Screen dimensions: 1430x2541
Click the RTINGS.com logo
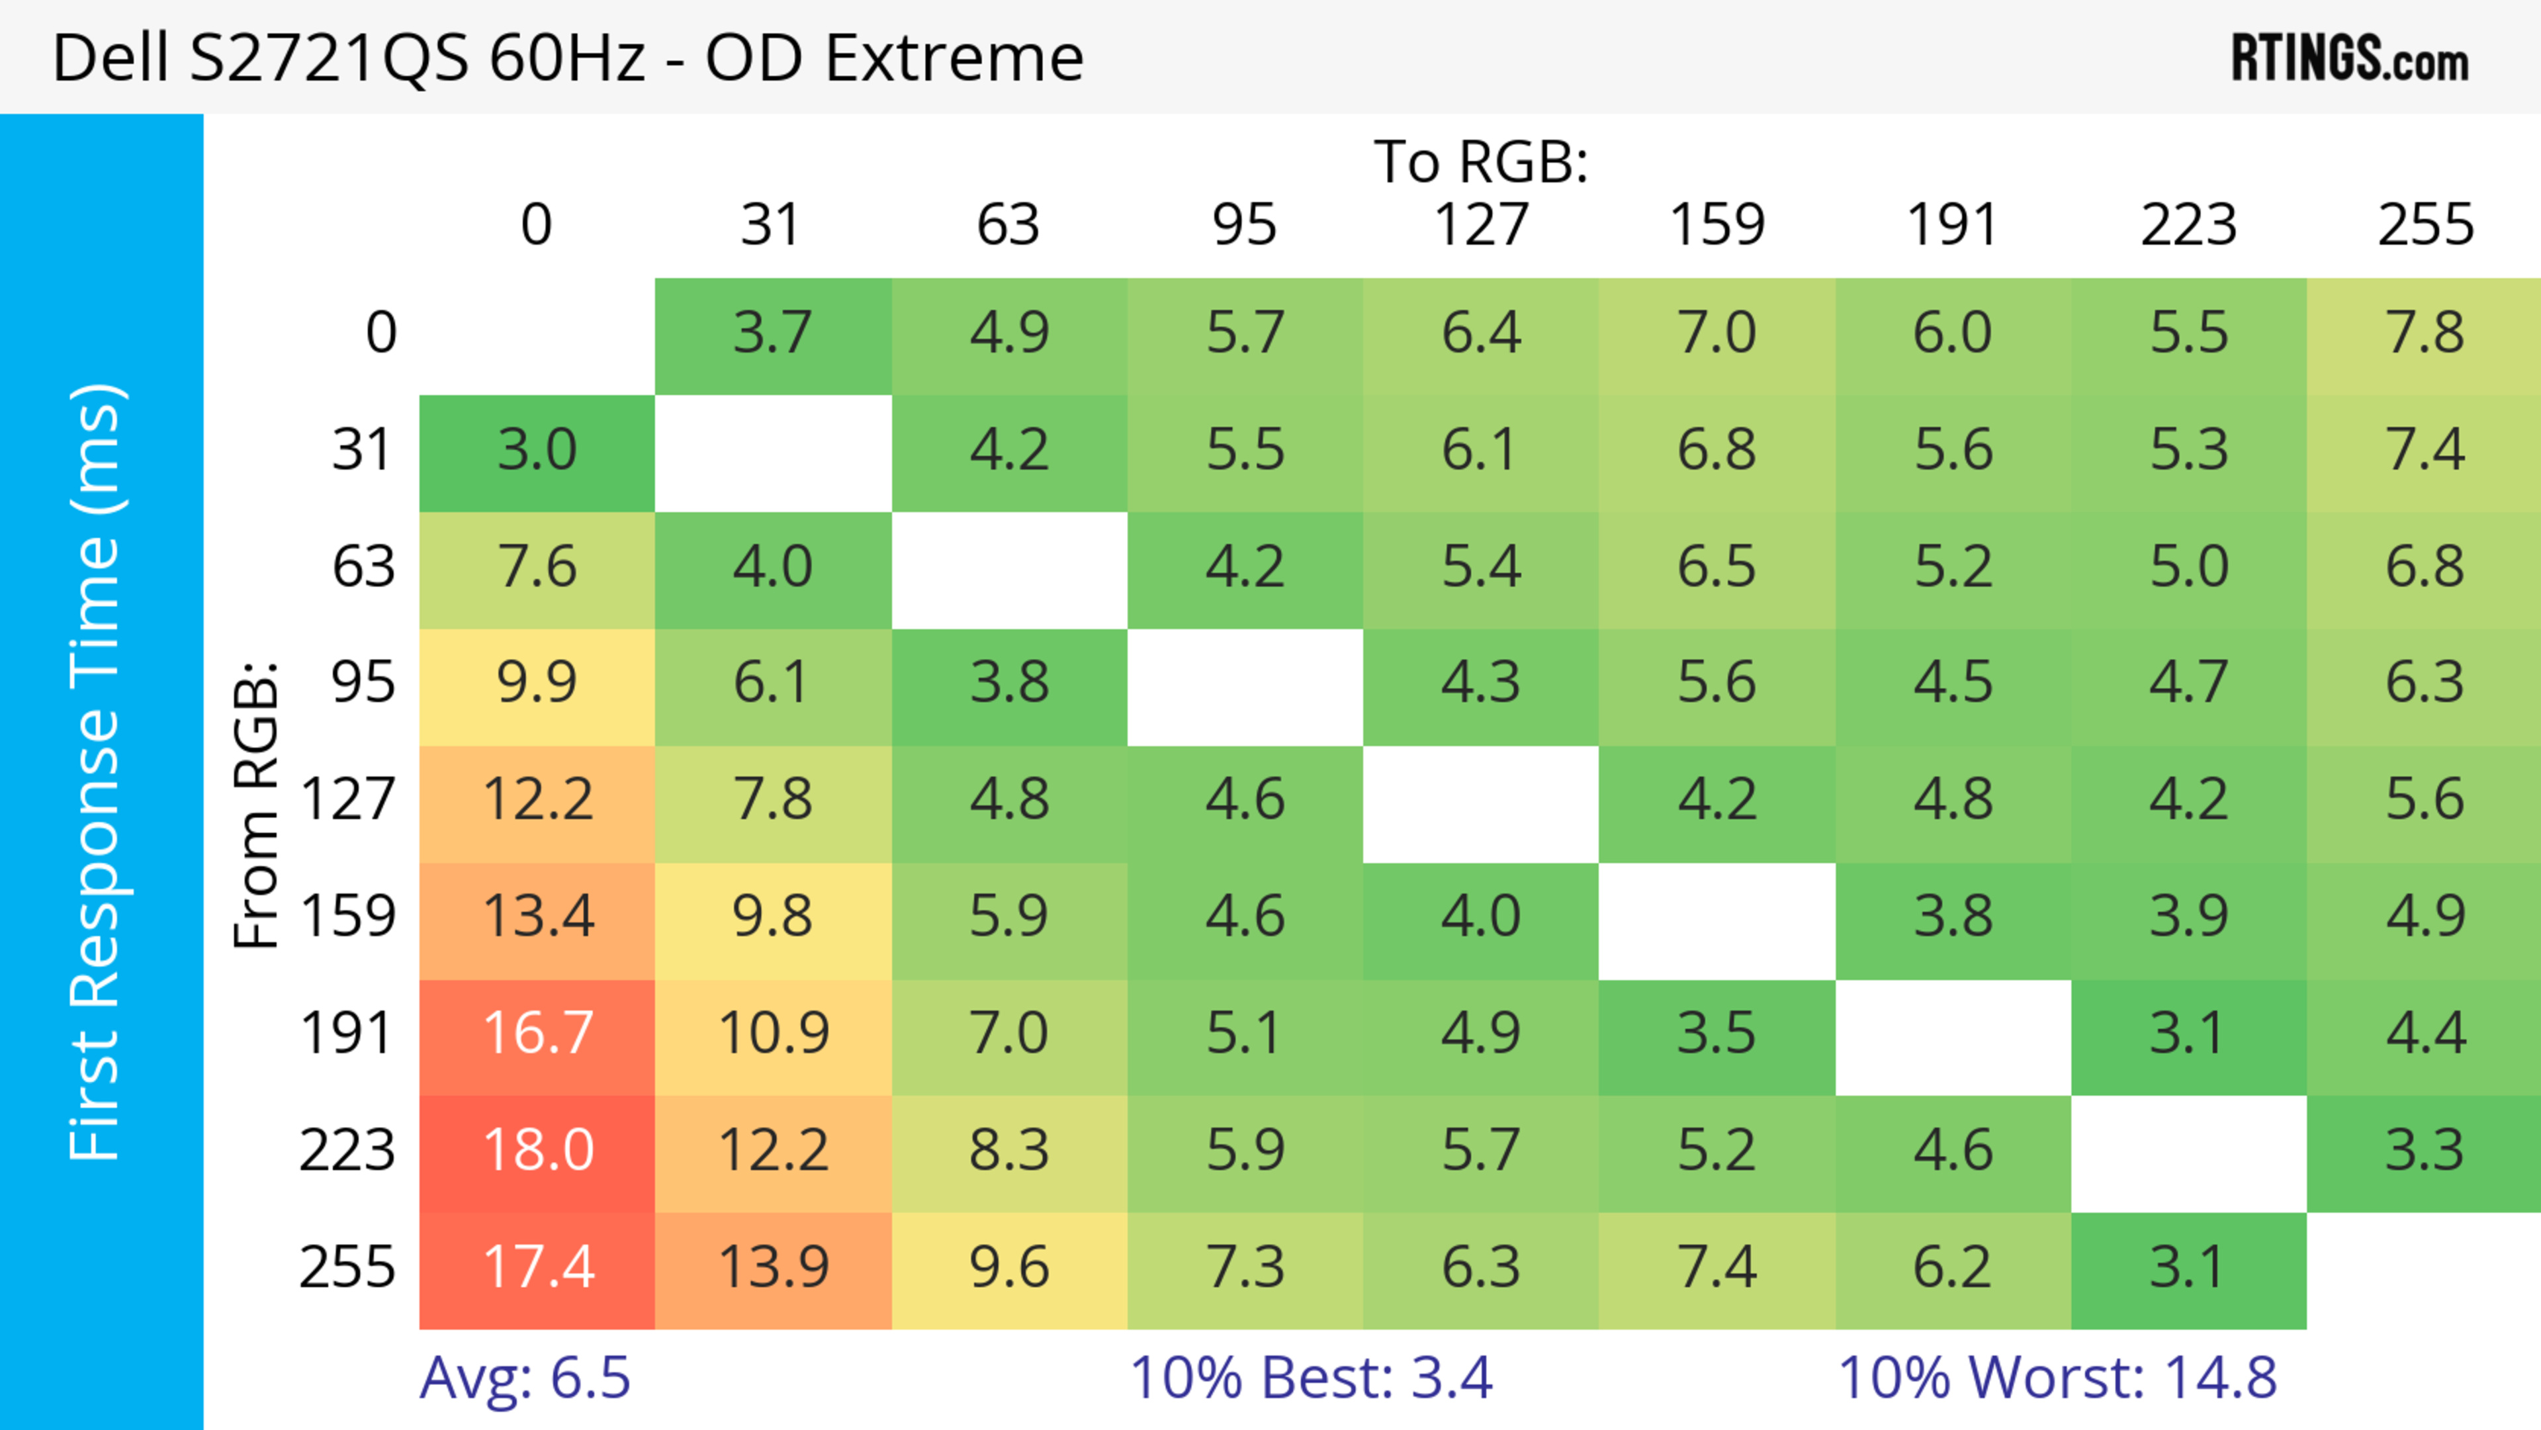2350,57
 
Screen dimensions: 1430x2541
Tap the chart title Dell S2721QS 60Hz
567,57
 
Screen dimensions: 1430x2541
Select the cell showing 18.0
537,1151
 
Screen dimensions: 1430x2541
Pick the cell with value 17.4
537,1267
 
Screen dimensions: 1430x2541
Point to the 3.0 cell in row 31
537,451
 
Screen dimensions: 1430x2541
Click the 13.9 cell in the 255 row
774,1267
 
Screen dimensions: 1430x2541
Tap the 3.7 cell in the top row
774,334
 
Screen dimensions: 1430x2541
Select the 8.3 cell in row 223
1009,1151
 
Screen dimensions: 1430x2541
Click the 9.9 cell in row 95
537,682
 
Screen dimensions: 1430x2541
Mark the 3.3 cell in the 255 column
2424,1151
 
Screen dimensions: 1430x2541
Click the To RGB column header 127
1481,225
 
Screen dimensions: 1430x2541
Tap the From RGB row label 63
363,567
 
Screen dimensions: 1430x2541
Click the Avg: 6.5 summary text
525,1378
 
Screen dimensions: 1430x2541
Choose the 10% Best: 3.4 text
1311,1378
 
